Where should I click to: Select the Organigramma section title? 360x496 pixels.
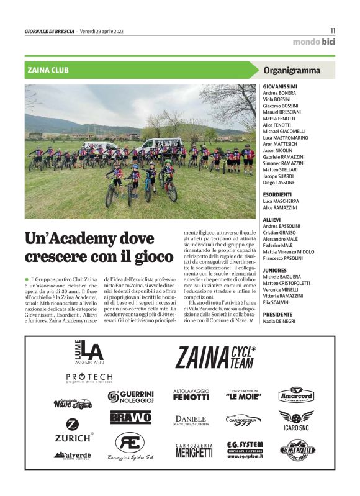[x=292, y=70]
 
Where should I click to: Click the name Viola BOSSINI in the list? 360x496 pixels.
[x=277, y=99]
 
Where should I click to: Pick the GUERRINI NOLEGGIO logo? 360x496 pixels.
[x=130, y=396]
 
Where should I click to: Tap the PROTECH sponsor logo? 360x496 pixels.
[x=89, y=377]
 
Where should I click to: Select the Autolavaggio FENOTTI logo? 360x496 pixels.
[x=191, y=395]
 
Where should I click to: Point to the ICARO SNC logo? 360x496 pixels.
[x=296, y=420]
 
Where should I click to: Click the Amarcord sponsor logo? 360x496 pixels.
[x=296, y=395]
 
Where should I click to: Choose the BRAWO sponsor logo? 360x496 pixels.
[x=130, y=417]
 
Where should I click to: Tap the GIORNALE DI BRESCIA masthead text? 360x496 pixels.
[x=50, y=31]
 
